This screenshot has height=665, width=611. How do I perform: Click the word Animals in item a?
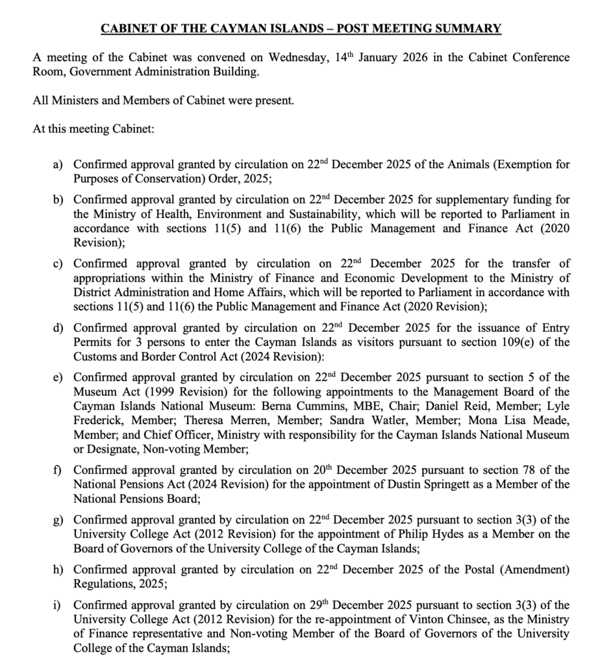tap(469, 165)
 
